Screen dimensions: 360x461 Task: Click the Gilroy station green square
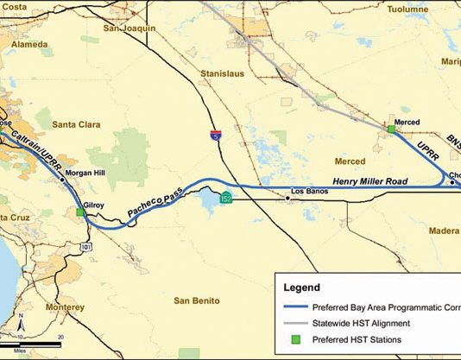80,212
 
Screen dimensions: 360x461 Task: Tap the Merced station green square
391,129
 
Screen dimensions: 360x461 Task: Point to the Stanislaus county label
223,75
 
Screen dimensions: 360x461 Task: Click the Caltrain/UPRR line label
34,143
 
